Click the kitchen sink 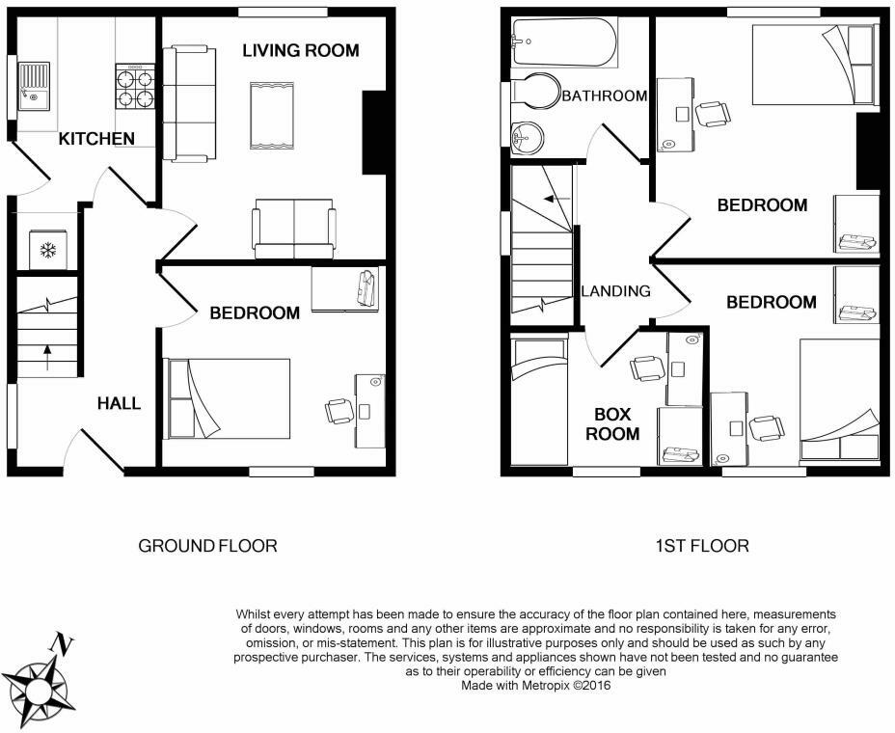(x=35, y=86)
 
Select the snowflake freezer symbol (x=48, y=250)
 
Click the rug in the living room (x=272, y=116)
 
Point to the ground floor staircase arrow (x=47, y=358)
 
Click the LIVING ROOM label (x=301, y=50)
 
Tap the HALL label (x=119, y=403)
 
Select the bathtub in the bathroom (x=565, y=42)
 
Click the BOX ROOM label (x=612, y=424)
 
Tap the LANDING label (x=616, y=291)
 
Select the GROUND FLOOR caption (x=207, y=546)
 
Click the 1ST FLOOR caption (x=702, y=546)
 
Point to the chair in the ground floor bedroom (x=339, y=411)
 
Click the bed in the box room (x=539, y=401)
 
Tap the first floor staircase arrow (x=556, y=199)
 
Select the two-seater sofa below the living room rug (x=294, y=229)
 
